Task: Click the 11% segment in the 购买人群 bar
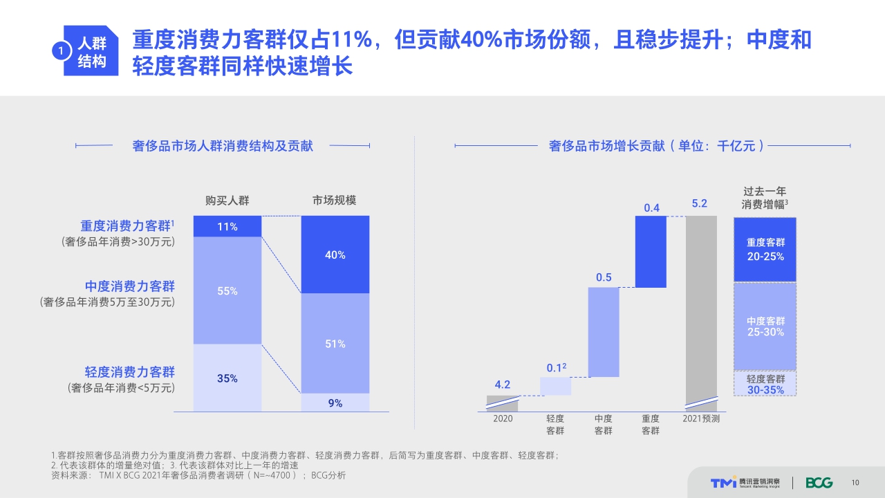(227, 226)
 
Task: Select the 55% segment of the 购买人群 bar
(227, 290)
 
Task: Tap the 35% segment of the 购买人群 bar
(227, 378)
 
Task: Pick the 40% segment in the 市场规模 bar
(335, 255)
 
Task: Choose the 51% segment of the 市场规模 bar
(335, 343)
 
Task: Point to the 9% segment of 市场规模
(335, 403)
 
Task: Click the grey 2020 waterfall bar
(503, 403)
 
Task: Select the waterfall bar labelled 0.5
(604, 332)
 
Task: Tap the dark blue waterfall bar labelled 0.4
(651, 252)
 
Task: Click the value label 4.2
(503, 385)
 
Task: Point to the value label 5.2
(700, 203)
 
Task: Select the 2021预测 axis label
(701, 418)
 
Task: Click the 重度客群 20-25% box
(765, 250)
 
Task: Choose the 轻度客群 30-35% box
(765, 384)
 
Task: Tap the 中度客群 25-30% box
(765, 326)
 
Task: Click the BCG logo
(819, 483)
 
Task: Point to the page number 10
(855, 483)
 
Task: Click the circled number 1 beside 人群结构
(62, 51)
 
